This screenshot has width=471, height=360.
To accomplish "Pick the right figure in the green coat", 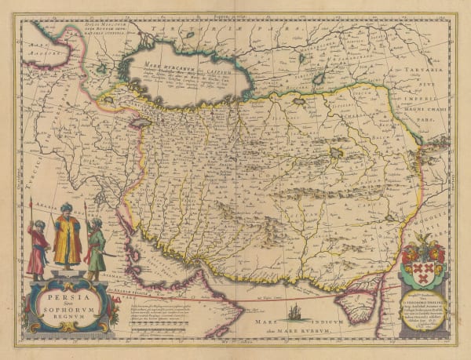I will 95,246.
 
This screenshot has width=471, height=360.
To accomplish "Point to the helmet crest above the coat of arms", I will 425,242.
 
